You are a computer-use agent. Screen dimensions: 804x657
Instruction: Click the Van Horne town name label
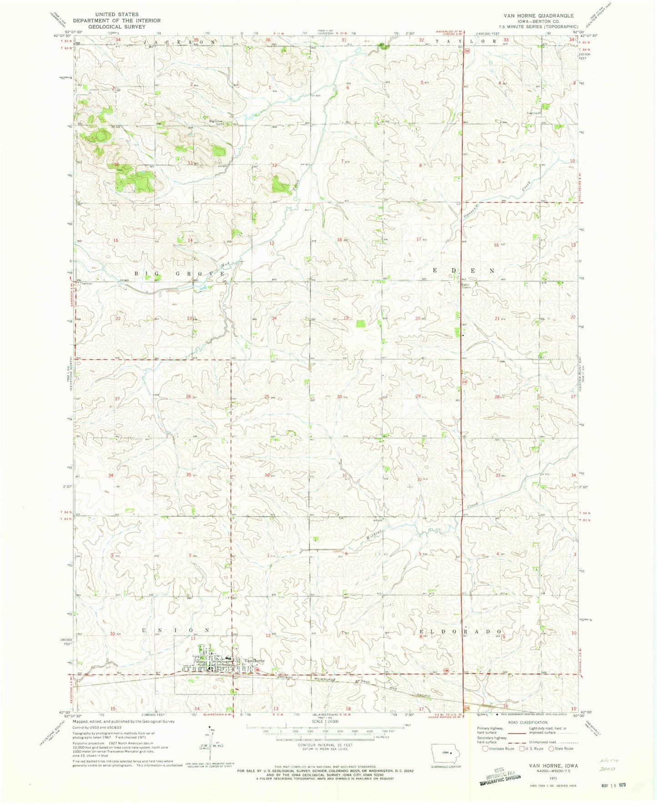pos(255,660)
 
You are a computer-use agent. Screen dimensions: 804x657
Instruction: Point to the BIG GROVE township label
pos(179,274)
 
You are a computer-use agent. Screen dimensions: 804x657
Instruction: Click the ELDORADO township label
pos(460,632)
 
